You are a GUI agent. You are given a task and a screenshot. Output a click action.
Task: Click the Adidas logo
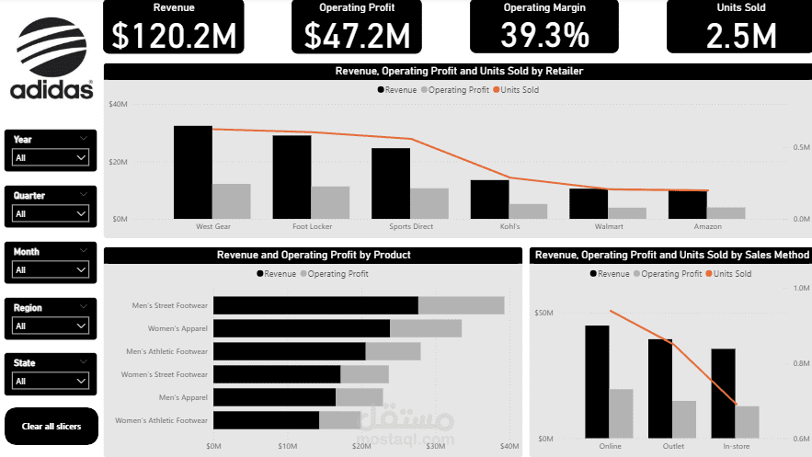tap(51, 62)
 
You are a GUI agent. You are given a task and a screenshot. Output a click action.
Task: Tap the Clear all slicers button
tap(51, 426)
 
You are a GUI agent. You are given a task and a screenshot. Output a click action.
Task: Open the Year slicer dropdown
tap(51, 158)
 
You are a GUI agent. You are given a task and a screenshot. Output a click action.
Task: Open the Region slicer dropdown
tap(51, 326)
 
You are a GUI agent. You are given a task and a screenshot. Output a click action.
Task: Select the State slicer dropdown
tap(51, 381)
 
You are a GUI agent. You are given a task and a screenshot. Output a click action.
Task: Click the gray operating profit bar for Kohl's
tap(528, 211)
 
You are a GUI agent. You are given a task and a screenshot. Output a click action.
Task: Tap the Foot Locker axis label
tap(313, 226)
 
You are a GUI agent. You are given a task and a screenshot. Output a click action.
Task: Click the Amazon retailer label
tap(707, 226)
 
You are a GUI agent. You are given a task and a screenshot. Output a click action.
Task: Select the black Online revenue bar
tap(597, 382)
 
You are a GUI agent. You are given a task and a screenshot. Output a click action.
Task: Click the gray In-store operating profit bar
tap(747, 422)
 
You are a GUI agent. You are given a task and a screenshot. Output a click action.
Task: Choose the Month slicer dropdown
tap(51, 270)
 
